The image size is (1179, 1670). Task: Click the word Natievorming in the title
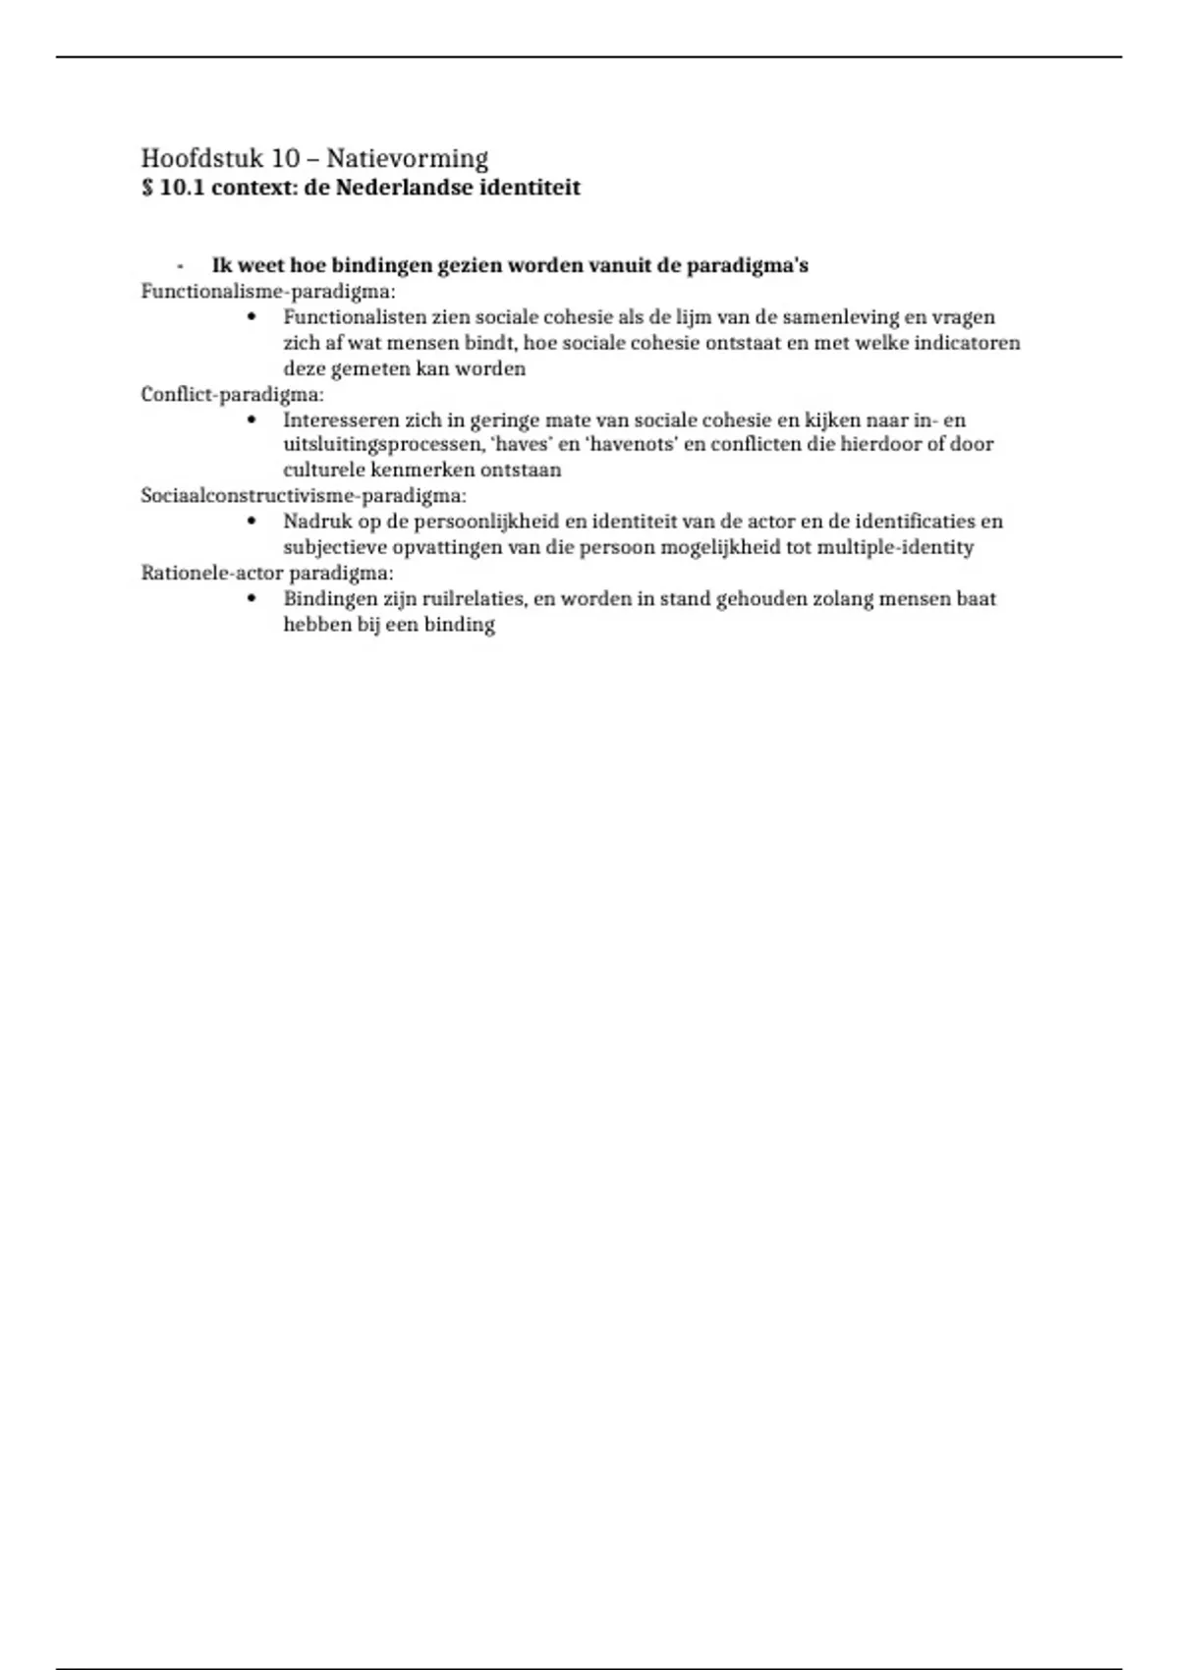point(407,158)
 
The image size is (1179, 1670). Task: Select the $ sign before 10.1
point(147,188)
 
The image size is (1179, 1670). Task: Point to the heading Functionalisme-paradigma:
point(268,292)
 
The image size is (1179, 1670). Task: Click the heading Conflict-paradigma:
point(232,395)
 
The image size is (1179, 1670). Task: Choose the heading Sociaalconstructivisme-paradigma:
point(304,496)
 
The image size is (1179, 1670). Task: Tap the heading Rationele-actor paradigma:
point(267,573)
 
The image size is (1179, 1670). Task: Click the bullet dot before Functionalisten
point(253,317)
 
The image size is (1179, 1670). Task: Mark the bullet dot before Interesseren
point(253,419)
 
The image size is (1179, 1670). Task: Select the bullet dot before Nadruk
point(253,522)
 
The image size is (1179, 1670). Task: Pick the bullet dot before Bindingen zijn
point(253,598)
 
